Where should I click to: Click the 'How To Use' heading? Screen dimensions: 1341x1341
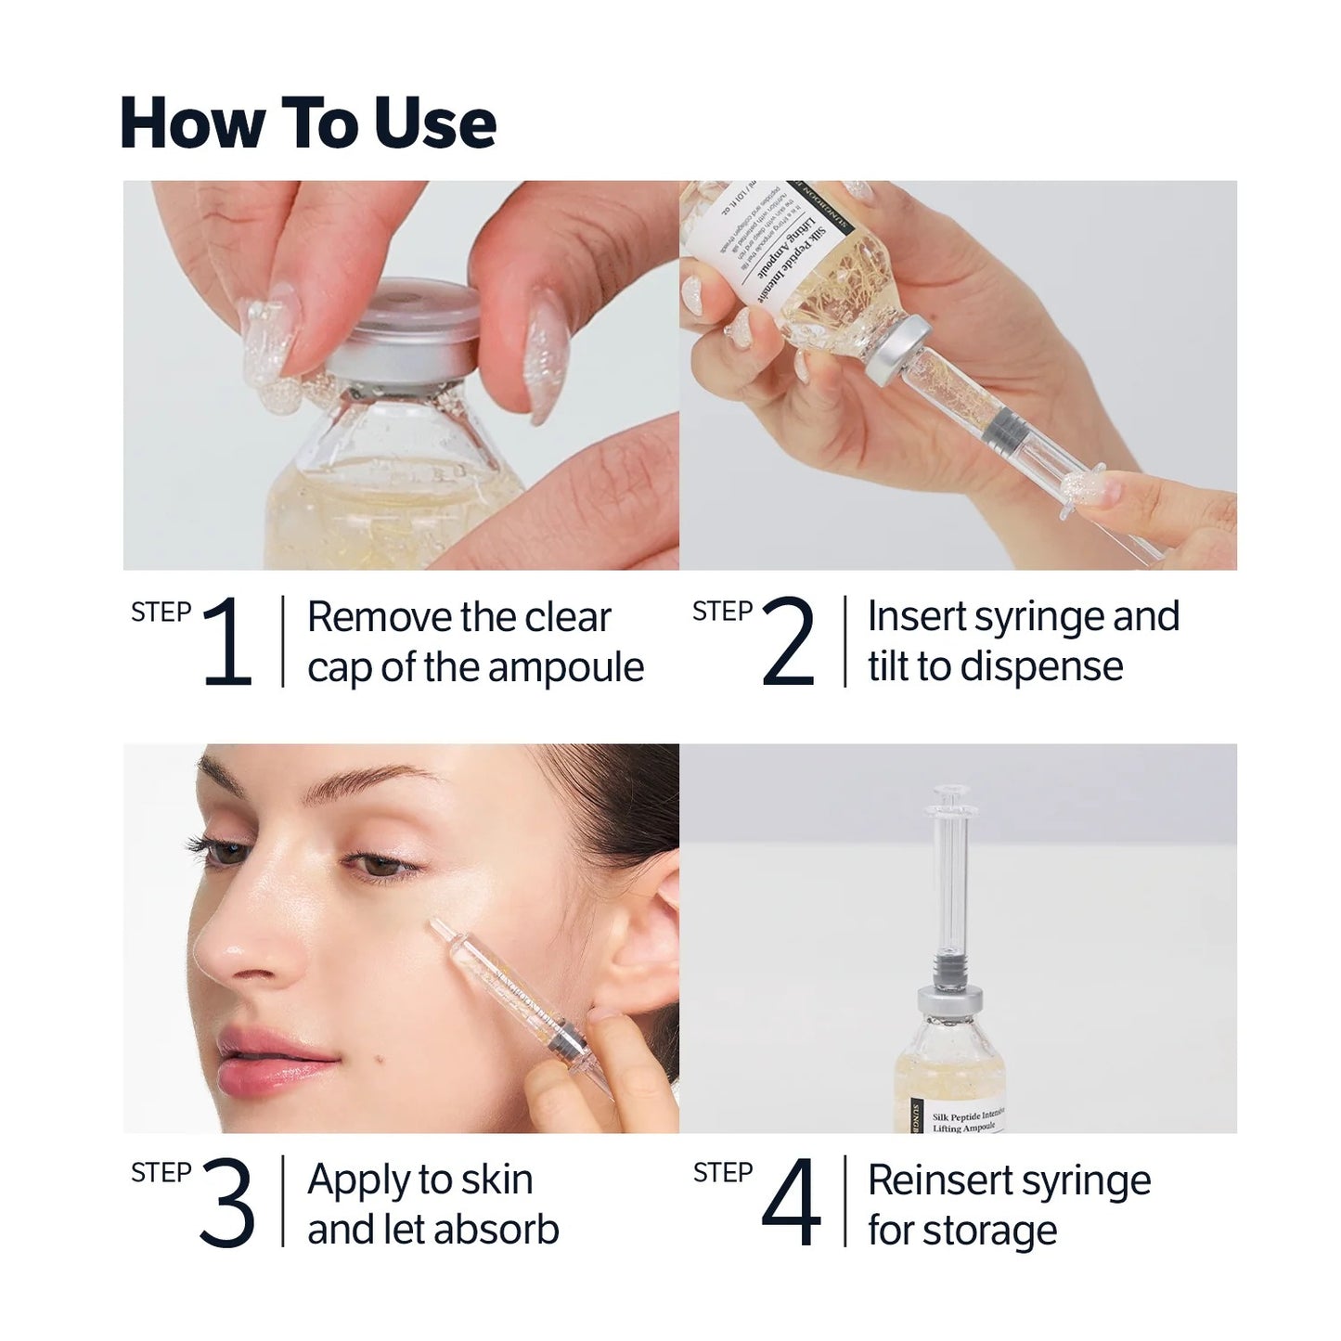click(308, 123)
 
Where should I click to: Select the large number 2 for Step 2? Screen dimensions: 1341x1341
click(788, 641)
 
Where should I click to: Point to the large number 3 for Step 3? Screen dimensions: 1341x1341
click(226, 1203)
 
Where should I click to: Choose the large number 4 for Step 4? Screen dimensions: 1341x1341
click(791, 1203)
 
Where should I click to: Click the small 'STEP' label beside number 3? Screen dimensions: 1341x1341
click(161, 1173)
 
